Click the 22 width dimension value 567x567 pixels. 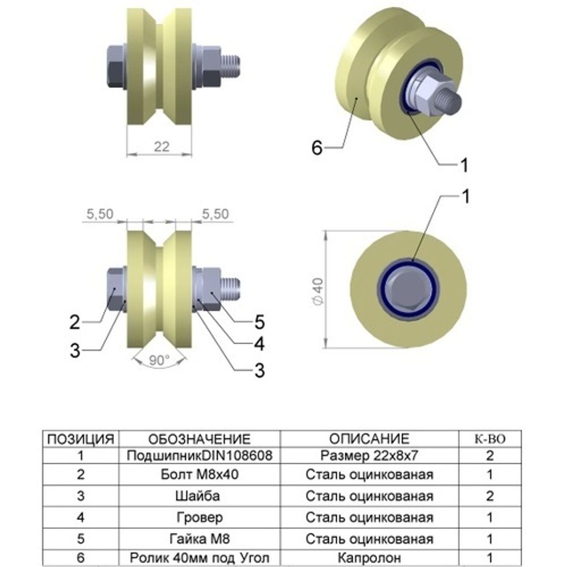(x=162, y=146)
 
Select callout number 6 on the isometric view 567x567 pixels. (x=317, y=149)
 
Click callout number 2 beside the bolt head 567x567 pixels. (x=75, y=323)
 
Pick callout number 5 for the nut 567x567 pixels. (x=260, y=323)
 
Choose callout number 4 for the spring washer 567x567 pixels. (x=260, y=344)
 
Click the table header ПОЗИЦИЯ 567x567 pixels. (x=81, y=439)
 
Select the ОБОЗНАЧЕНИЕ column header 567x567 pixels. (x=199, y=439)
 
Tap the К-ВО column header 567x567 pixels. (x=489, y=439)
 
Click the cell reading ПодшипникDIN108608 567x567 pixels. (x=199, y=455)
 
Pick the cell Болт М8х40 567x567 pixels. (x=199, y=475)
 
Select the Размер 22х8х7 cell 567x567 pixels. (x=369, y=455)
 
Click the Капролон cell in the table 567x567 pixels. (x=369, y=557)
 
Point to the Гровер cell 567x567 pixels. (x=199, y=517)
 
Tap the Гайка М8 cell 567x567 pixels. (x=199, y=538)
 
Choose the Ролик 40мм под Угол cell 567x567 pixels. (x=199, y=557)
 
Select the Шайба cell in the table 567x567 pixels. (x=199, y=496)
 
